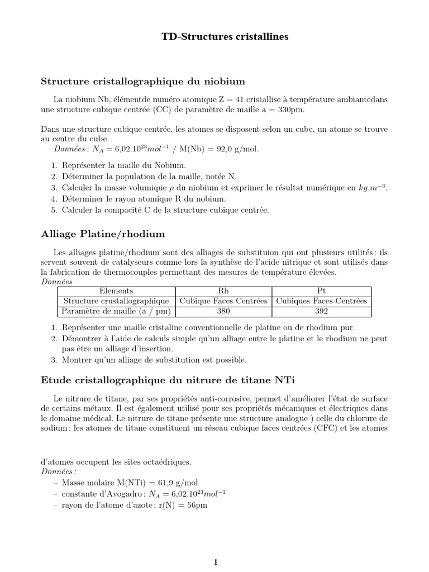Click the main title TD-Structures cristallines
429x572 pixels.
[217, 37]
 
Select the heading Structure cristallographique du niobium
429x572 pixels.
[143, 81]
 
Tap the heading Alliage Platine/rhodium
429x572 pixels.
[103, 233]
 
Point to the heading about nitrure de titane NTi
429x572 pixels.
[168, 380]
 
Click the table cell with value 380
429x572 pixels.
[223, 311]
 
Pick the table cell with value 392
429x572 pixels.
[322, 311]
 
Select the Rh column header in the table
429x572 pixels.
[223, 290]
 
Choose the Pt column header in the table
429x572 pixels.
[322, 290]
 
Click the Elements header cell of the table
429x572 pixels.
[116, 290]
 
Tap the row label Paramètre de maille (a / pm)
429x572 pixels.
[116, 311]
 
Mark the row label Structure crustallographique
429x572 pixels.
[116, 301]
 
